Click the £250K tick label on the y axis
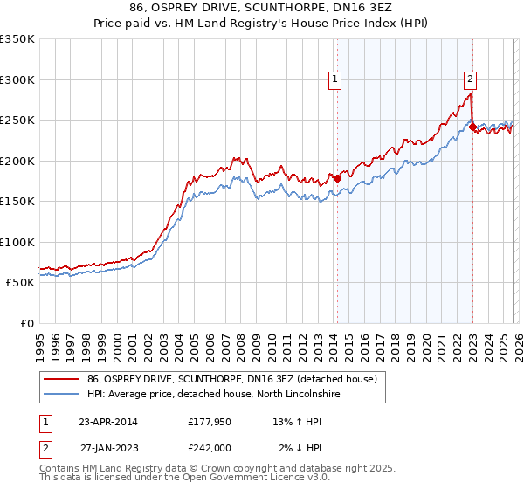coord(17,121)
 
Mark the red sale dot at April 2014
coord(337,178)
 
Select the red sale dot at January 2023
coord(472,127)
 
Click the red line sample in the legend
coord(62,379)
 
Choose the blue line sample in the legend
coord(62,395)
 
